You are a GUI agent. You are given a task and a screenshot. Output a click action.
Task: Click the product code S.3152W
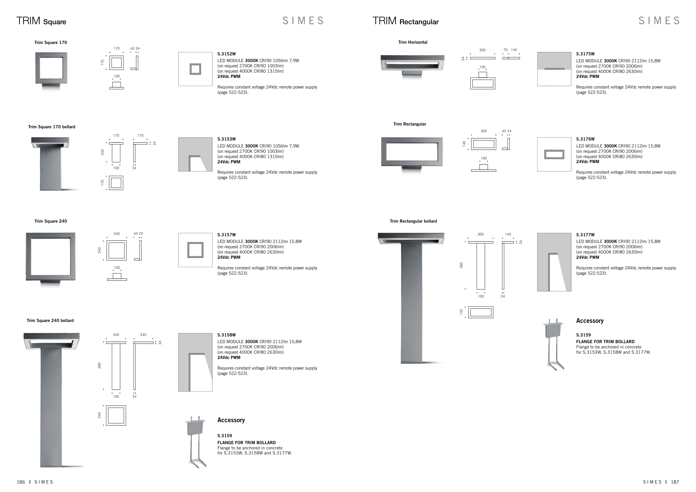coord(226,54)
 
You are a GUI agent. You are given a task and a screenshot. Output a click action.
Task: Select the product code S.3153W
coord(226,139)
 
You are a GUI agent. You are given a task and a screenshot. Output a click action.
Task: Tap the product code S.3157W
coord(226,235)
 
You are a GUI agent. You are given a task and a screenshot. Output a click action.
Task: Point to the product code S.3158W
coord(226,335)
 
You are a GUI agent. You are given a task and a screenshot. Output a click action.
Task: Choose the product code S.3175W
coord(585,54)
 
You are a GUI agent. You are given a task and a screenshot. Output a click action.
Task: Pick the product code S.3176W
coord(585,139)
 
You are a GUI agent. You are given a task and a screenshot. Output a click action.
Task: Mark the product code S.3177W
coord(585,235)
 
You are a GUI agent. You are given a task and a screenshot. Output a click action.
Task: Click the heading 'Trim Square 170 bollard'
coord(52,127)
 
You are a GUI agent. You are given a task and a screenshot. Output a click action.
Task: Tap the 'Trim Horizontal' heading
coord(413,42)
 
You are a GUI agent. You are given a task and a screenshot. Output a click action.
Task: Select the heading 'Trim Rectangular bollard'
coord(413,221)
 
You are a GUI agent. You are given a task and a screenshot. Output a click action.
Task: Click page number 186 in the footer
coord(21,482)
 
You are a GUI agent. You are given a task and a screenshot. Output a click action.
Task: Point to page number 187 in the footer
coord(675,482)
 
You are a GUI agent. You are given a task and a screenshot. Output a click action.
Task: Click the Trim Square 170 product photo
coord(51,71)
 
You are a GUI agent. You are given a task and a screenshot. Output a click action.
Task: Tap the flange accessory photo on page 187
coord(554,345)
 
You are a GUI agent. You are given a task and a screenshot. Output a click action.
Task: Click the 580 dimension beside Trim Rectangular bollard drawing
coord(461,265)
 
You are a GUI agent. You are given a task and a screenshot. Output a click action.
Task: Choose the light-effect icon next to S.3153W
coord(195,154)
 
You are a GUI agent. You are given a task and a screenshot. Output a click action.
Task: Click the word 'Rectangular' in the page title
coord(419,22)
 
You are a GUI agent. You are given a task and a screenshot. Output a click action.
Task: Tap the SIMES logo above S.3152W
coord(303,21)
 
